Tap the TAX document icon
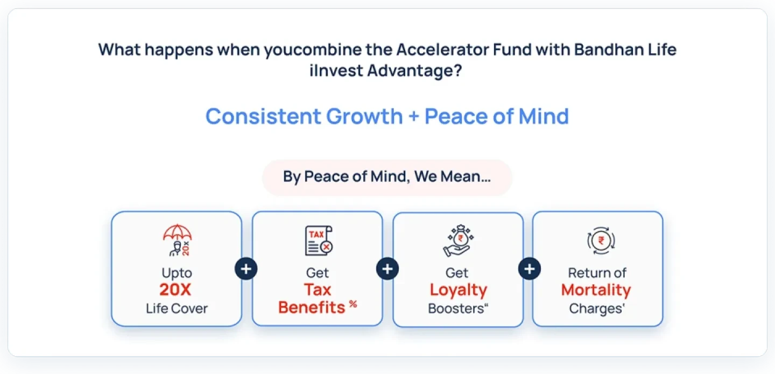tap(318, 241)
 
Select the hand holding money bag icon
tap(457, 241)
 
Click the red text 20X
tap(175, 290)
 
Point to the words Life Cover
tap(177, 309)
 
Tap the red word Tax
tap(318, 290)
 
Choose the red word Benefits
tap(312, 308)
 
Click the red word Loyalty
tap(458, 290)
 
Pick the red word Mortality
tap(596, 290)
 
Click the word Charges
tap(594, 309)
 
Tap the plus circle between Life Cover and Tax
tap(246, 269)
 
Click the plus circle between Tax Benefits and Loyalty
tap(387, 269)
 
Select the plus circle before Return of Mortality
tap(530, 269)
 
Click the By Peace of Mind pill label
tap(387, 177)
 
